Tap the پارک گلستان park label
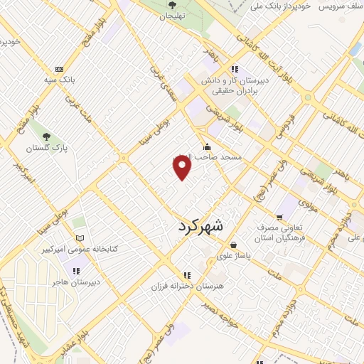point(45,149)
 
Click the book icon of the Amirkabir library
point(79,237)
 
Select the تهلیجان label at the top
point(171,16)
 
